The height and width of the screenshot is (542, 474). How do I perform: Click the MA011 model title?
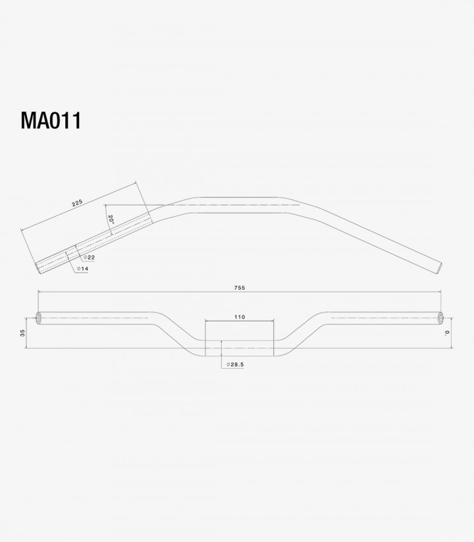[x=51, y=121]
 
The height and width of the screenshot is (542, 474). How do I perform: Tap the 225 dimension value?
[x=78, y=203]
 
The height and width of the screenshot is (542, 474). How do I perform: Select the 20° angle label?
[x=111, y=219]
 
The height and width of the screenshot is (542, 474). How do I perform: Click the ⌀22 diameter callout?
[x=89, y=257]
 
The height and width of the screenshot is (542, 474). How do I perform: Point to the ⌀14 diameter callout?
[x=82, y=269]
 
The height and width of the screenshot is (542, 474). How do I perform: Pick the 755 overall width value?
[x=240, y=288]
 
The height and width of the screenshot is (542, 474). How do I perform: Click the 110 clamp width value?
[x=240, y=317]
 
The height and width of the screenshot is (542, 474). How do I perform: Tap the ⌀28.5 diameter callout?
[x=235, y=364]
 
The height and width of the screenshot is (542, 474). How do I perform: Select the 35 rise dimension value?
[x=23, y=333]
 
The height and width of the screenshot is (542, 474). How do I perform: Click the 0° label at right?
[x=448, y=333]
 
